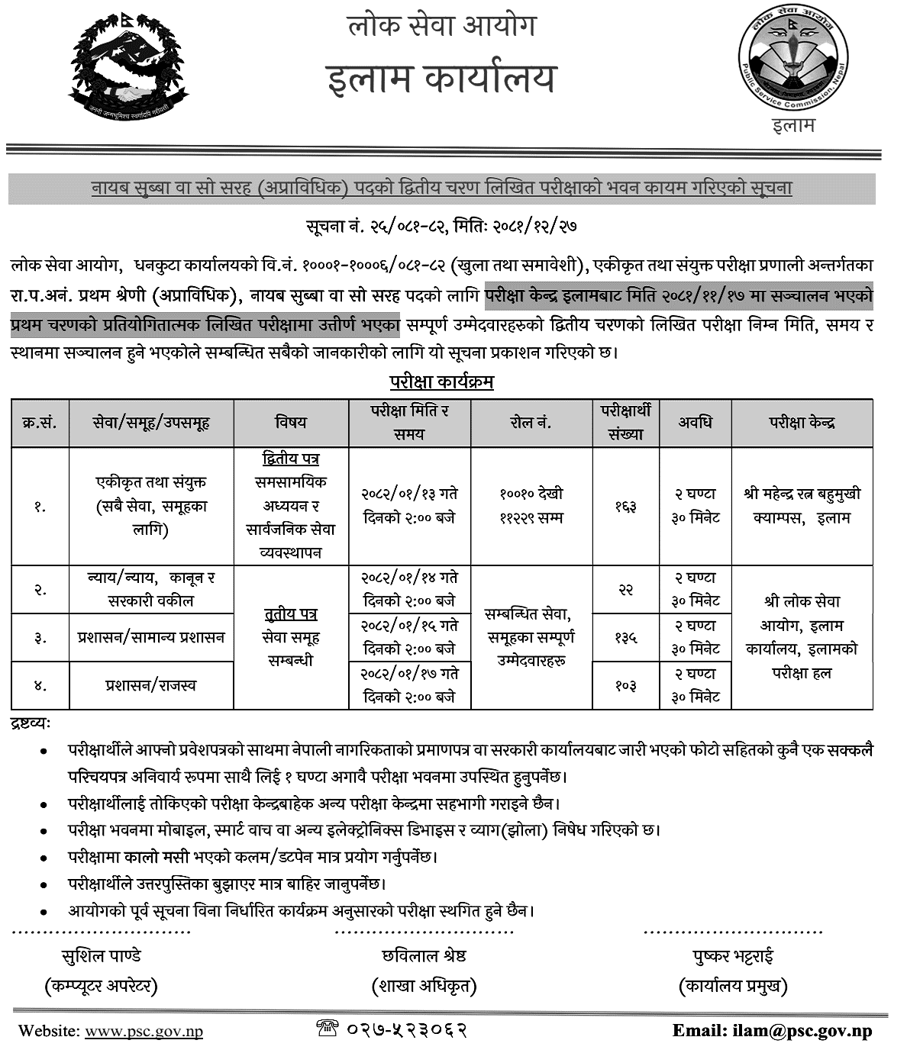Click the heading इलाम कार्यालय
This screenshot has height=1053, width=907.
(x=441, y=79)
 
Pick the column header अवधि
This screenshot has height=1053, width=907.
(x=695, y=422)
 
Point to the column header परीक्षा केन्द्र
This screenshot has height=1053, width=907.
(x=802, y=422)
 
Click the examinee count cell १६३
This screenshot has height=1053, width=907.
(x=625, y=506)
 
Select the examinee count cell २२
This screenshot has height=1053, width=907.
(x=625, y=589)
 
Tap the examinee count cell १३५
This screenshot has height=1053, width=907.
(x=625, y=637)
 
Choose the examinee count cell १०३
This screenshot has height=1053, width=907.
(x=625, y=685)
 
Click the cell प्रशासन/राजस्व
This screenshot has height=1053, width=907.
(x=150, y=685)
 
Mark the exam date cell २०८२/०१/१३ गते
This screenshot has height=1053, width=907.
(x=409, y=494)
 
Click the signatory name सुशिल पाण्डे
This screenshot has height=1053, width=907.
(x=101, y=955)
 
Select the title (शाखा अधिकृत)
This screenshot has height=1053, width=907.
(x=424, y=986)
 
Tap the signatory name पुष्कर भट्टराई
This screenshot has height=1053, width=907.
(x=733, y=955)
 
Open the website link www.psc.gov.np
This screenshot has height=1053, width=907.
(x=144, y=1031)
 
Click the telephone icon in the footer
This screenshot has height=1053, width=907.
(x=327, y=1029)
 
